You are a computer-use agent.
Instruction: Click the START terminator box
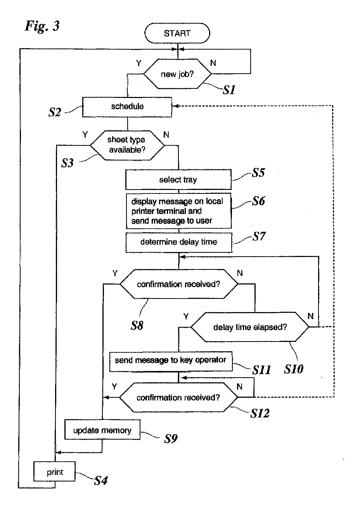point(177,33)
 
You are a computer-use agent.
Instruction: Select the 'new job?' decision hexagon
point(178,74)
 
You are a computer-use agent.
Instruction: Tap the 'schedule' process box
point(127,107)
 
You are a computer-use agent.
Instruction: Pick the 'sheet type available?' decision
point(127,145)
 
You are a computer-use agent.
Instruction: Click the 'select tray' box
point(178,179)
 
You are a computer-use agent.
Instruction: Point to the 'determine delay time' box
point(179,242)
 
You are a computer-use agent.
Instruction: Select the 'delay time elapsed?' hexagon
point(250,327)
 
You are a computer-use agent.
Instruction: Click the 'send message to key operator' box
point(171,362)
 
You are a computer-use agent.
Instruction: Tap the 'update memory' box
point(102,429)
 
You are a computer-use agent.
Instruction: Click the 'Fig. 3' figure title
point(42,26)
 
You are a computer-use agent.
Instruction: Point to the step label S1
point(229,90)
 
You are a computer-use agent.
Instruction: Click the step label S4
point(101,480)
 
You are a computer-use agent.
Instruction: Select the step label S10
point(294,369)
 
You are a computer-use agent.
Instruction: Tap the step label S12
point(260,413)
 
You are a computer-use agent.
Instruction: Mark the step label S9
point(171,438)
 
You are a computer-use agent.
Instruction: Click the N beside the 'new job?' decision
point(213,63)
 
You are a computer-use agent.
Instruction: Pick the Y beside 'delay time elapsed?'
point(186,316)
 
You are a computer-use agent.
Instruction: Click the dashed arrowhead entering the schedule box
point(175,106)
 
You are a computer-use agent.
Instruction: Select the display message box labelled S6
point(179,211)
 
